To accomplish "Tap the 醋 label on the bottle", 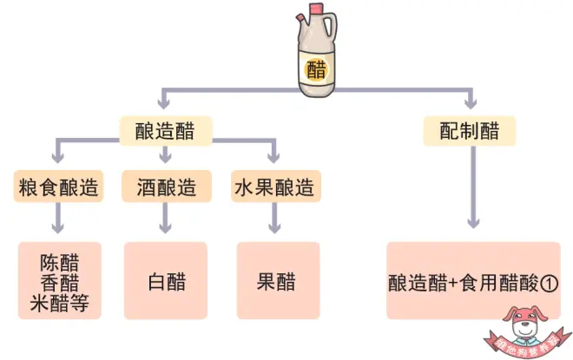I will pyautogui.click(x=317, y=69).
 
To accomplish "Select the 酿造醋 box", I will pyautogui.click(x=166, y=132).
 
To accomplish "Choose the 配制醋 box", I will pyautogui.click(x=470, y=132).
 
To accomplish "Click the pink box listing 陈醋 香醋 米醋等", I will pyautogui.click(x=59, y=281).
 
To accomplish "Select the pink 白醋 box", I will pyautogui.click(x=166, y=281).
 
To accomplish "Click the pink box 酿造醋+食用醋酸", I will pyautogui.click(x=473, y=281).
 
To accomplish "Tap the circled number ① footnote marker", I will pyautogui.click(x=548, y=283).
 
